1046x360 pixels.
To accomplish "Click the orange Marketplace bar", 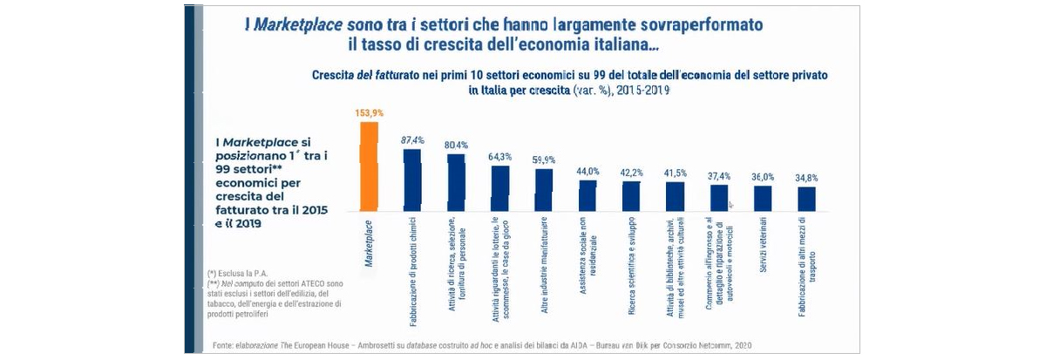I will (x=369, y=166).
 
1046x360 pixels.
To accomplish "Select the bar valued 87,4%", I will (x=412, y=180).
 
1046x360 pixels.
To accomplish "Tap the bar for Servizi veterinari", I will (x=763, y=198).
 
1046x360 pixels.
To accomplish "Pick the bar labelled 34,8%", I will (x=806, y=199).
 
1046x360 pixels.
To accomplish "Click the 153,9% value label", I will (x=369, y=113).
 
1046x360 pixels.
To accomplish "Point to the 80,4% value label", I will (x=456, y=145).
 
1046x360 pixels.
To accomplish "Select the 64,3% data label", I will (x=499, y=157).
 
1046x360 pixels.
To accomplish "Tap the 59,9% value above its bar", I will (x=543, y=160).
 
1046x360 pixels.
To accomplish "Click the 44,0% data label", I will (x=588, y=172).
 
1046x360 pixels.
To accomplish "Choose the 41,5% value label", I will (x=675, y=173).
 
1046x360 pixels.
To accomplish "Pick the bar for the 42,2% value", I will (x=631, y=196).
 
